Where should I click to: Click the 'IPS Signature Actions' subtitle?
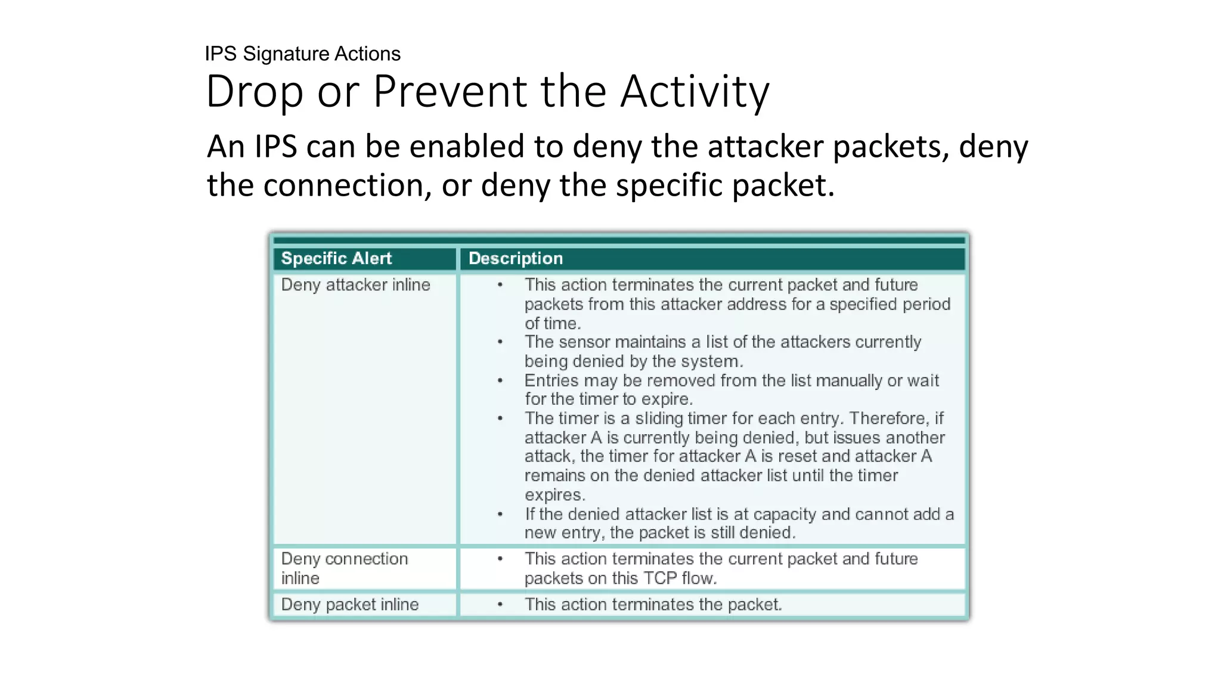pos(302,54)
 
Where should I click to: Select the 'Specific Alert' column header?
pos(336,258)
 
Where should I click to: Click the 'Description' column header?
pos(516,258)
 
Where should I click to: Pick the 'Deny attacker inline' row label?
pos(355,285)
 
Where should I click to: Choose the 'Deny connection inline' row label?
pos(344,568)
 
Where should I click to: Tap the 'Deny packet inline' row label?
pos(349,605)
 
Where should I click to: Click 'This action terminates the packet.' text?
pos(653,605)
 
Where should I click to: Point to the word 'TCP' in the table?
pos(659,578)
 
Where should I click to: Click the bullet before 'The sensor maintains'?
pos(500,342)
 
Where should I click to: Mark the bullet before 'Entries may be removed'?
pos(500,380)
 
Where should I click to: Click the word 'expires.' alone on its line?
pos(554,495)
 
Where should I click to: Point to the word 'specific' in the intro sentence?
pos(669,185)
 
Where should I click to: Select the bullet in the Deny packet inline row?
pos(500,605)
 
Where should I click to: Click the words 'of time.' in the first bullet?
pos(552,324)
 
